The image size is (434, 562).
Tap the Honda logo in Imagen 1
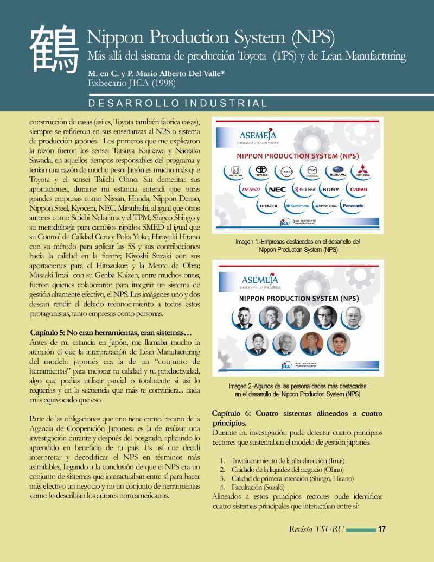tap(237, 172)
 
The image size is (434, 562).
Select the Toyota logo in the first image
tap(261, 172)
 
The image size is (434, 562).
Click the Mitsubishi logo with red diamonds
tap(362, 172)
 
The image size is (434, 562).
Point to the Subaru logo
tap(337, 172)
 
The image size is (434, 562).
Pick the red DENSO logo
tap(251, 190)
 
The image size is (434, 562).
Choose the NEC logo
tap(277, 190)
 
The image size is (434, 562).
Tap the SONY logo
tap(330, 190)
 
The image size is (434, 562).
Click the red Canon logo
tap(359, 190)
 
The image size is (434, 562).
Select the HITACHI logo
tap(268, 206)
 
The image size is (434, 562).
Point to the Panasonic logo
tap(353, 206)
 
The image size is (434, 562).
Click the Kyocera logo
tap(304, 190)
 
